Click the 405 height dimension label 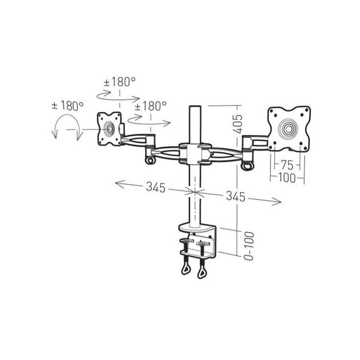[238, 124]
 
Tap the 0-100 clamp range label [248, 246]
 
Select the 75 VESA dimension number [287, 164]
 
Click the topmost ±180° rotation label [120, 82]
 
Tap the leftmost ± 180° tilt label [67, 106]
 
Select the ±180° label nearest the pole [150, 106]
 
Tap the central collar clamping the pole [191, 154]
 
